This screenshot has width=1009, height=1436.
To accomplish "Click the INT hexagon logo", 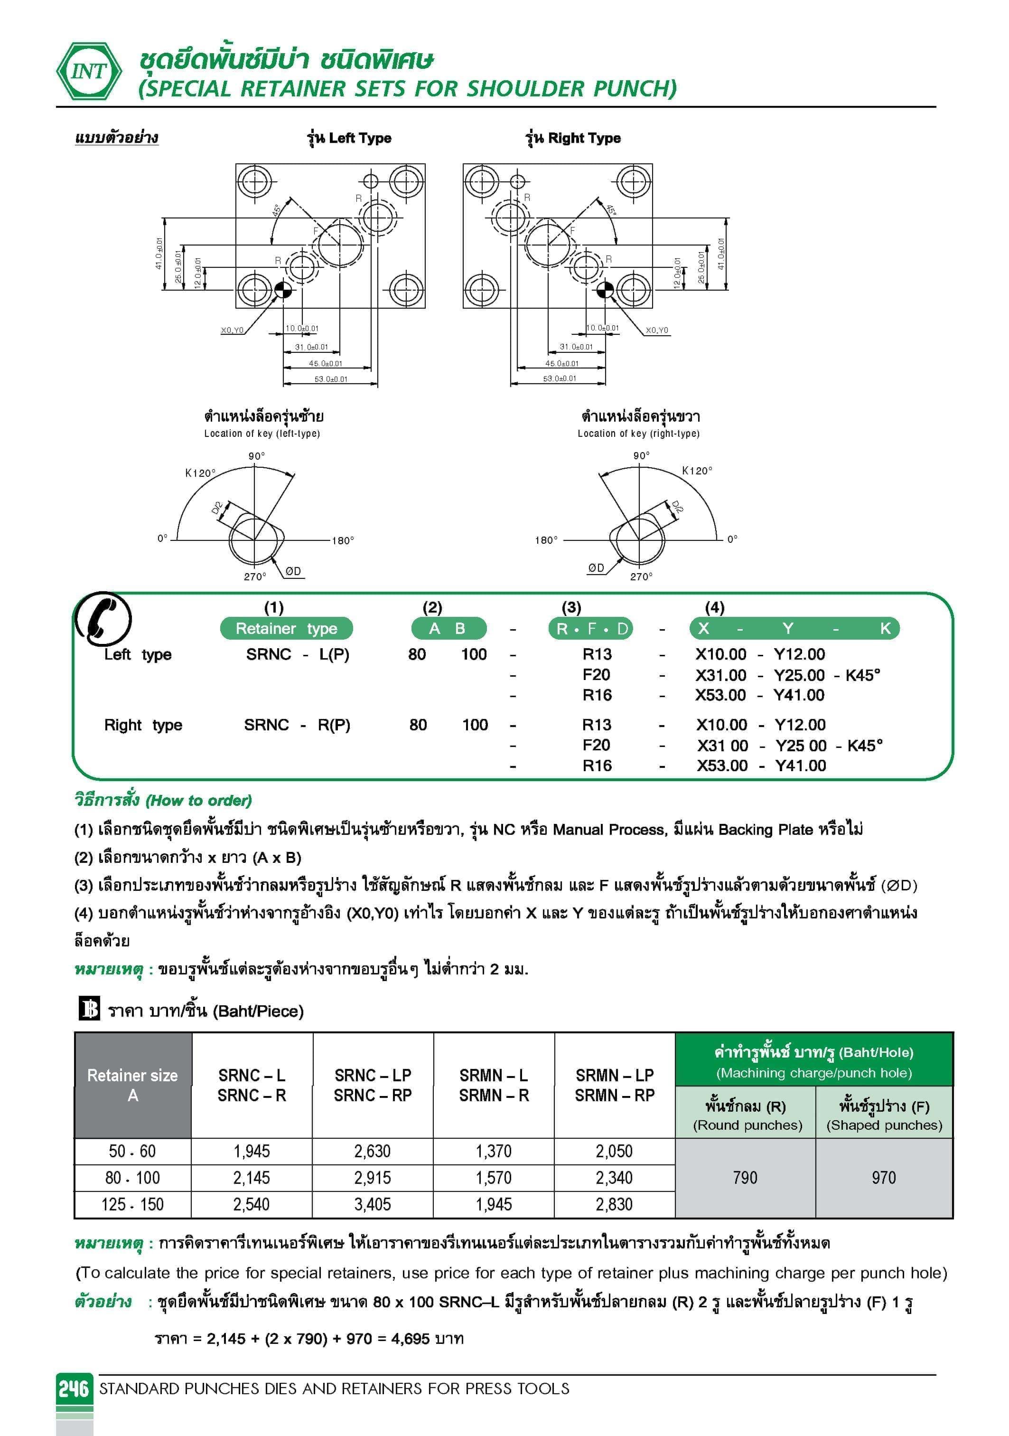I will tap(89, 71).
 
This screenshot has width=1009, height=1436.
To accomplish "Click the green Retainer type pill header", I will tap(286, 629).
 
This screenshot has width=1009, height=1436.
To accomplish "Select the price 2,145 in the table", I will tap(252, 1178).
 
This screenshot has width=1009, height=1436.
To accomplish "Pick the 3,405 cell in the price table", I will tap(373, 1205).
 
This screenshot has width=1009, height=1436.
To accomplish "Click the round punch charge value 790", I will tap(745, 1178).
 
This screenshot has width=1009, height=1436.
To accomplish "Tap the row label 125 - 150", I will tap(132, 1205).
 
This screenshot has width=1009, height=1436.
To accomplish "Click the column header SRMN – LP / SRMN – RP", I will tap(615, 1085).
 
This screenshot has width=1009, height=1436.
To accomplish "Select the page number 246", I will tap(74, 1389).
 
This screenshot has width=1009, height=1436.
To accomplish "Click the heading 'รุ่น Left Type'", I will tap(349, 138).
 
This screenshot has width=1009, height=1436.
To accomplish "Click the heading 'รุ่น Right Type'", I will tap(573, 138).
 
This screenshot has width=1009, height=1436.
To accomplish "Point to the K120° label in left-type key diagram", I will tap(200, 473).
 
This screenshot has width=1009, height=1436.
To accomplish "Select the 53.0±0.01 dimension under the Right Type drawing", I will tap(560, 378).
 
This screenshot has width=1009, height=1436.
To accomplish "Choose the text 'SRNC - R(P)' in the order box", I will tap(297, 725).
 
